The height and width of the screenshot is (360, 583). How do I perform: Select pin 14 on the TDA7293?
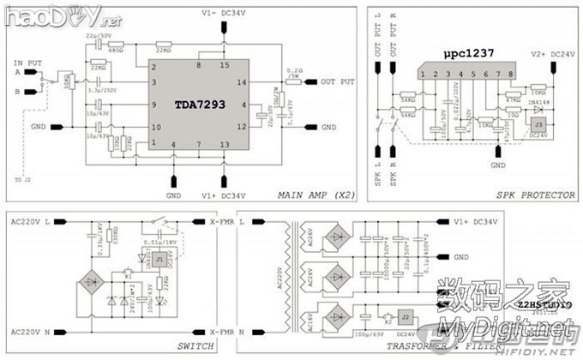[x=243, y=82]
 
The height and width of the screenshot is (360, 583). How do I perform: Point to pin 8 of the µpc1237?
[x=511, y=75]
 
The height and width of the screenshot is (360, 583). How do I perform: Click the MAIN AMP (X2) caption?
[x=313, y=195]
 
